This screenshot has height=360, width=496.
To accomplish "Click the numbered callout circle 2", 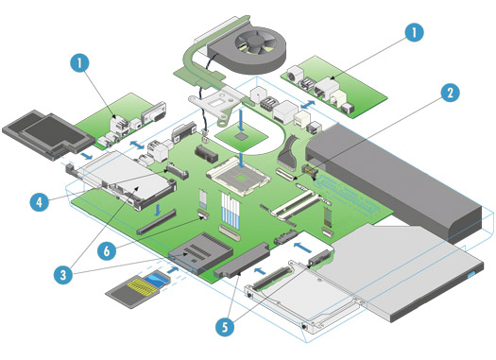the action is click(450, 93).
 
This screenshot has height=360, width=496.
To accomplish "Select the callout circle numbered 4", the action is click(40, 202).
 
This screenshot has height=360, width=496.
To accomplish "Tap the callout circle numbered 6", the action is click(107, 251).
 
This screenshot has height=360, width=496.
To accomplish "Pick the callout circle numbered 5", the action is click(225, 326).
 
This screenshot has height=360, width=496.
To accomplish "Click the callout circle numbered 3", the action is click(63, 274).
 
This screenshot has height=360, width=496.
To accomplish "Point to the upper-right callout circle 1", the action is click(414, 32).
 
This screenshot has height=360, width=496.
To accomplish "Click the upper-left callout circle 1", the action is click(79, 62).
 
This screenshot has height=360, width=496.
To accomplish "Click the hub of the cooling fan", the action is click(256, 41).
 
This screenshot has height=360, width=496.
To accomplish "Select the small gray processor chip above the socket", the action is click(242, 136).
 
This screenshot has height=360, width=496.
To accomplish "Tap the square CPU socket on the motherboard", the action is click(239, 177).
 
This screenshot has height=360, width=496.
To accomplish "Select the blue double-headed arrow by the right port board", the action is click(307, 105).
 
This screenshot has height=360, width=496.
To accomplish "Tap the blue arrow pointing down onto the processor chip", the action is click(242, 120).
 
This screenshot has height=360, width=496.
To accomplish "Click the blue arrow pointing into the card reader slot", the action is click(172, 270).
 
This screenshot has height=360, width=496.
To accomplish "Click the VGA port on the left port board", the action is click(155, 113).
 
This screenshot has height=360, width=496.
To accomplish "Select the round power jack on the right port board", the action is click(293, 76).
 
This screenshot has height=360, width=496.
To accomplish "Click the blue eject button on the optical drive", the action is click(472, 274).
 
